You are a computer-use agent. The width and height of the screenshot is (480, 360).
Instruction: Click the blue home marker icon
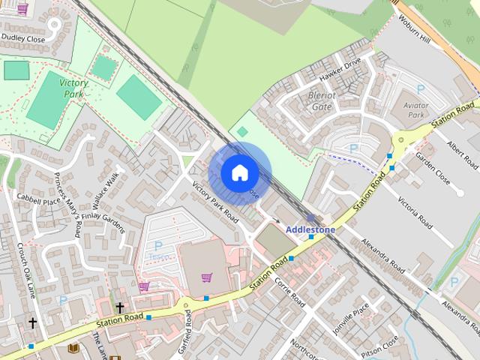tap(239, 172)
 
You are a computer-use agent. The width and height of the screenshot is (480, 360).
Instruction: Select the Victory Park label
tap(73, 88)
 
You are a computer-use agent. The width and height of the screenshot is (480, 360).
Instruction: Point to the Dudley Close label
tap(23, 38)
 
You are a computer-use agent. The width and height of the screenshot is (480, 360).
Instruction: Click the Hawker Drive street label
tap(340, 70)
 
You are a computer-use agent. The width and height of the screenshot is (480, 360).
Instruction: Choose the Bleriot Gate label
tap(320, 101)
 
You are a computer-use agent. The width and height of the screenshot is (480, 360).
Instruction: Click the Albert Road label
tap(461, 154)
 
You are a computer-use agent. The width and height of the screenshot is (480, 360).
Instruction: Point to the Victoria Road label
tap(415, 213)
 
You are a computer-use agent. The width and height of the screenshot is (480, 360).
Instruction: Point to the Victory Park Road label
tap(215, 203)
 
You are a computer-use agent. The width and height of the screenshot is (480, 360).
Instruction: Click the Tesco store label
tap(158, 255)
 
